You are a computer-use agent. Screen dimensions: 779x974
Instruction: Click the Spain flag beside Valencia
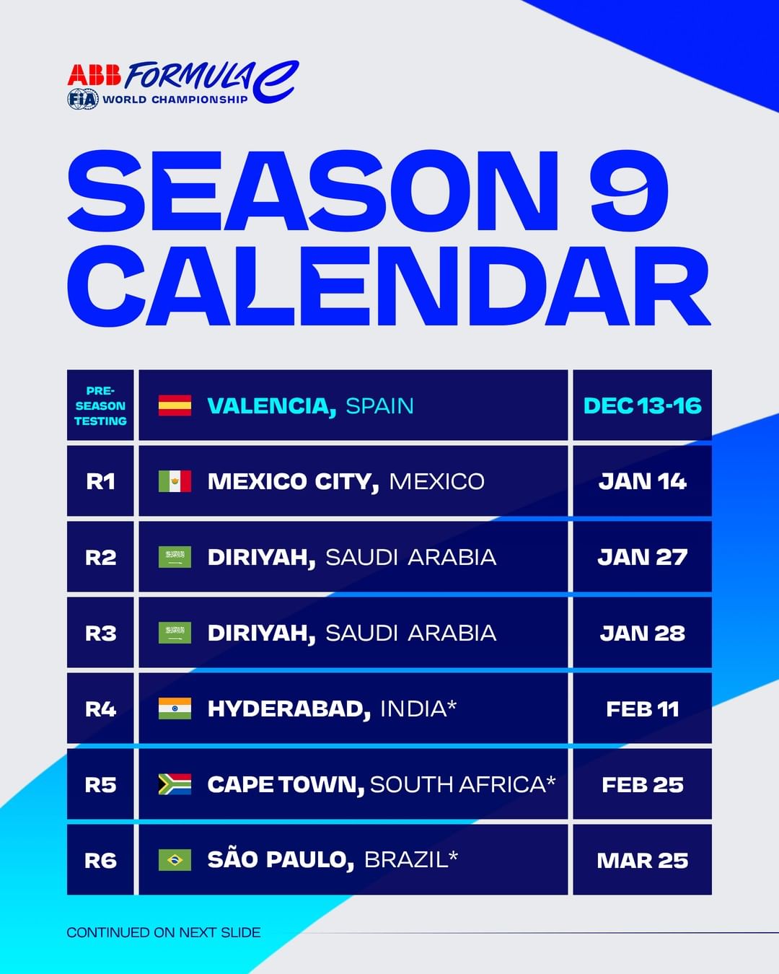pyautogui.click(x=175, y=405)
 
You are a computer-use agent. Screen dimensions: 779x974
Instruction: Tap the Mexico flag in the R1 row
pyautogui.click(x=175, y=481)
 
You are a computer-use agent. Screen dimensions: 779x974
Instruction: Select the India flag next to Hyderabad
pyautogui.click(x=175, y=708)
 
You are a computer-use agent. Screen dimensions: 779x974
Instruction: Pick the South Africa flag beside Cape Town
pyautogui.click(x=175, y=784)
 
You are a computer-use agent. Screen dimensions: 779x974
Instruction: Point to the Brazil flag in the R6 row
pyautogui.click(x=175, y=860)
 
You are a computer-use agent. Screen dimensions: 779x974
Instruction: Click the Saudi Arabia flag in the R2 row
pyautogui.click(x=175, y=557)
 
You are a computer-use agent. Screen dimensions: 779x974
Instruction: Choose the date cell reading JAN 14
pyautogui.click(x=642, y=481)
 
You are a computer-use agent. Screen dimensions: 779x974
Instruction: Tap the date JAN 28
pyautogui.click(x=642, y=633)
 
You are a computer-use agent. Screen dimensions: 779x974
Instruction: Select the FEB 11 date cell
pyautogui.click(x=642, y=708)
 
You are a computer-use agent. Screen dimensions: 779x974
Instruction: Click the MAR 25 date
pyautogui.click(x=642, y=861)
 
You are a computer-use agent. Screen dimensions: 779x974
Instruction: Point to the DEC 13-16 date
pyautogui.click(x=642, y=405)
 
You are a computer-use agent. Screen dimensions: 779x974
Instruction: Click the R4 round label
pyautogui.click(x=100, y=708)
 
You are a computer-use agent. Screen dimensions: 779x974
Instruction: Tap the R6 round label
pyautogui.click(x=100, y=861)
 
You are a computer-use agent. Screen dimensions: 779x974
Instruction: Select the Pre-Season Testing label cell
pyautogui.click(x=100, y=405)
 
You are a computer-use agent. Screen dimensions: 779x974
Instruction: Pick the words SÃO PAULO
pyautogui.click(x=281, y=859)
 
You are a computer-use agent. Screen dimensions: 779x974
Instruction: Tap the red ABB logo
pyautogui.click(x=94, y=75)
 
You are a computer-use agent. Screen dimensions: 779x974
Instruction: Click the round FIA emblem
pyautogui.click(x=83, y=99)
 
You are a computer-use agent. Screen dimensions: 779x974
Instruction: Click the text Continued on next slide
pyautogui.click(x=164, y=932)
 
